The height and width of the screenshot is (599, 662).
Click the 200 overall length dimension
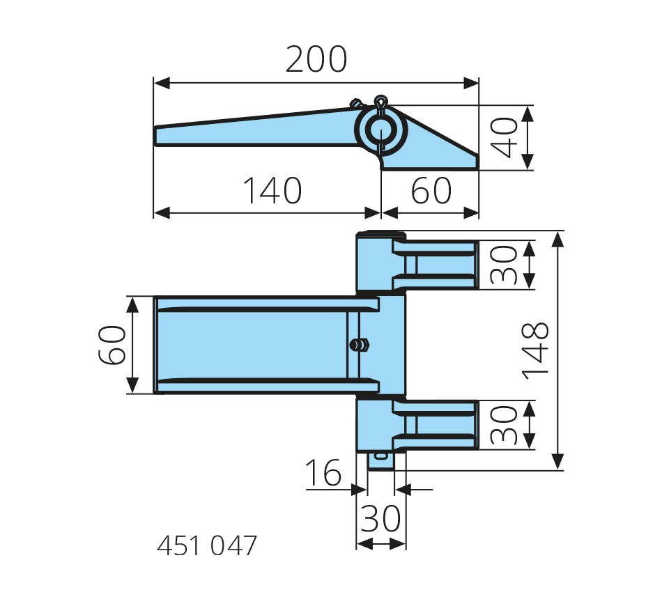click(316, 61)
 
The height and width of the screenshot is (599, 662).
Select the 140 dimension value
click(272, 191)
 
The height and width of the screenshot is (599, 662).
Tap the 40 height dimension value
click(505, 137)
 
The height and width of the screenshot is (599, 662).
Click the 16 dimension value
click(323, 474)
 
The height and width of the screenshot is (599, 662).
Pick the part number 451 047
click(207, 546)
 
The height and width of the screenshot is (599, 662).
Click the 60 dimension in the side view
click(431, 191)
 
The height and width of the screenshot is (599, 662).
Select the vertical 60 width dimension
click(112, 345)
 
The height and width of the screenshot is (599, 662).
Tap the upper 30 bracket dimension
click(505, 265)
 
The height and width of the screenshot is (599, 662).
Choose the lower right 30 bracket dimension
click(505, 425)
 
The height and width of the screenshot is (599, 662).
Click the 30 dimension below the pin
click(380, 519)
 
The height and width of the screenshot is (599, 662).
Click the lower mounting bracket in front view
click(418, 425)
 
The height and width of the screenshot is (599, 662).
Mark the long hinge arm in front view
click(258, 345)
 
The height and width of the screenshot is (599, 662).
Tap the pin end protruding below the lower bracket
click(380, 460)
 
